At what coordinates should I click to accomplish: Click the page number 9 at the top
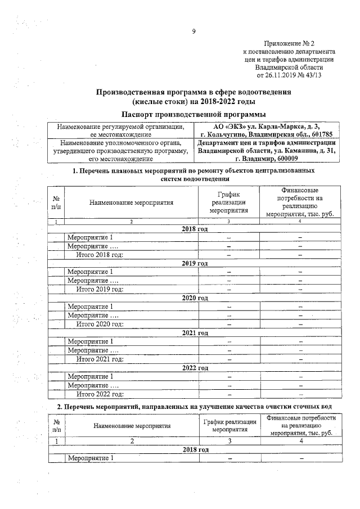click(193, 32)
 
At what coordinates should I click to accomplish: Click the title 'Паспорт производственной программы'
click(193, 115)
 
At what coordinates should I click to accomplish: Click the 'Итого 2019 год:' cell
click(100, 289)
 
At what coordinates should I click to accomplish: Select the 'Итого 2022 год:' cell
click(100, 394)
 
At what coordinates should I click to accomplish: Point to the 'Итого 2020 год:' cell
click(100, 324)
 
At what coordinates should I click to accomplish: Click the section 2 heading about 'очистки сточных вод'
click(195, 406)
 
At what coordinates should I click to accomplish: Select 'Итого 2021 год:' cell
click(100, 359)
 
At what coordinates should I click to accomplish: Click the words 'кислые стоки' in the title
click(160, 102)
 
